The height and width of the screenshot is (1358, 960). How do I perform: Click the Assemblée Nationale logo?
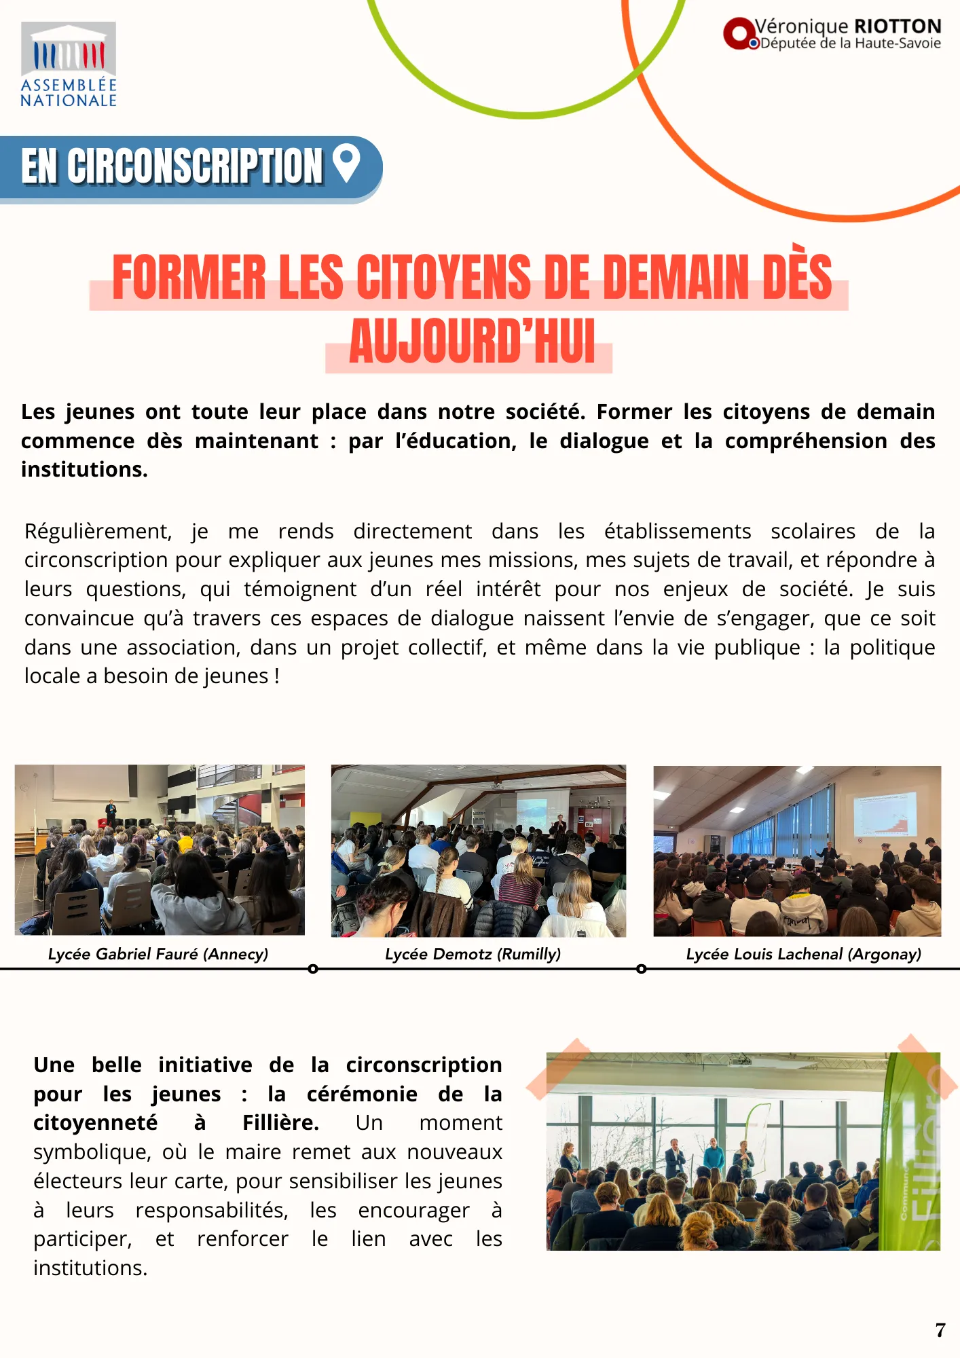[68, 65]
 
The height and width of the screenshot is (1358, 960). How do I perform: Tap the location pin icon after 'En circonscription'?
[346, 164]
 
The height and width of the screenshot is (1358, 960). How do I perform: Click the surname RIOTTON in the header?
[898, 26]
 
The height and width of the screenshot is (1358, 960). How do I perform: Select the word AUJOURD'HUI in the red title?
[472, 342]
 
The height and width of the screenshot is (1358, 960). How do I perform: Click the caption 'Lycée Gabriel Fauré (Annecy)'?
[158, 954]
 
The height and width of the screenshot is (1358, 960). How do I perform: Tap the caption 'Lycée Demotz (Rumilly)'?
[473, 954]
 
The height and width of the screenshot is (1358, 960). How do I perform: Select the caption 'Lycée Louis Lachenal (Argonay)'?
[804, 954]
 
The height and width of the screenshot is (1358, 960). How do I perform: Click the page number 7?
[940, 1330]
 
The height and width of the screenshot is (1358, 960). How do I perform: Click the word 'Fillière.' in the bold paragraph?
[280, 1123]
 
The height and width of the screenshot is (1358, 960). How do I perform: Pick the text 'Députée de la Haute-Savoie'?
[851, 43]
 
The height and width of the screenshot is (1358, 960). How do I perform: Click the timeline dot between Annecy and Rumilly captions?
[313, 969]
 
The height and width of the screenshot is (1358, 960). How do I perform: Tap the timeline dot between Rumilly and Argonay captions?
[642, 969]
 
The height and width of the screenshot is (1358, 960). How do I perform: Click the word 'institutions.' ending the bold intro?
[84, 469]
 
